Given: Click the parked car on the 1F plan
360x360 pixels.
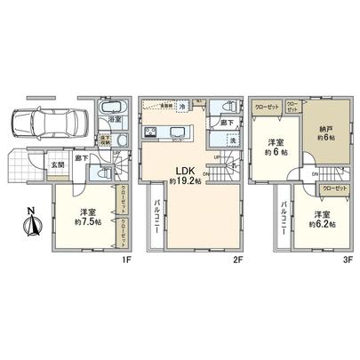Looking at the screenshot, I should click(x=45, y=121).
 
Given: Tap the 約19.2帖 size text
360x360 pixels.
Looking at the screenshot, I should click(x=186, y=182).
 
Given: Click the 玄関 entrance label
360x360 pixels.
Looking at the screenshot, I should click(x=57, y=164).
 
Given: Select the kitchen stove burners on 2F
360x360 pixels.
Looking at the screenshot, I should click(x=153, y=135).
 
